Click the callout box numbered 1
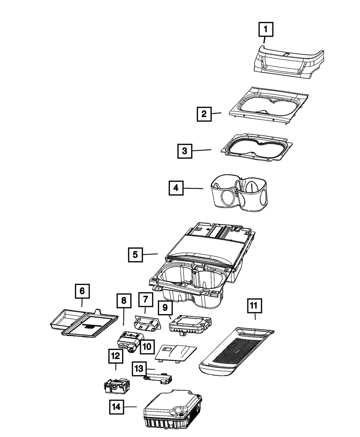click(266, 30)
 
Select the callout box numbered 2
click(204, 115)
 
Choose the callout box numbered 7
click(145, 299)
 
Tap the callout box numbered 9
click(165, 308)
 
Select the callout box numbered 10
click(146, 347)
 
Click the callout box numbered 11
click(254, 306)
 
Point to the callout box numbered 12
click(115, 356)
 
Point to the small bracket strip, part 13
click(158, 378)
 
